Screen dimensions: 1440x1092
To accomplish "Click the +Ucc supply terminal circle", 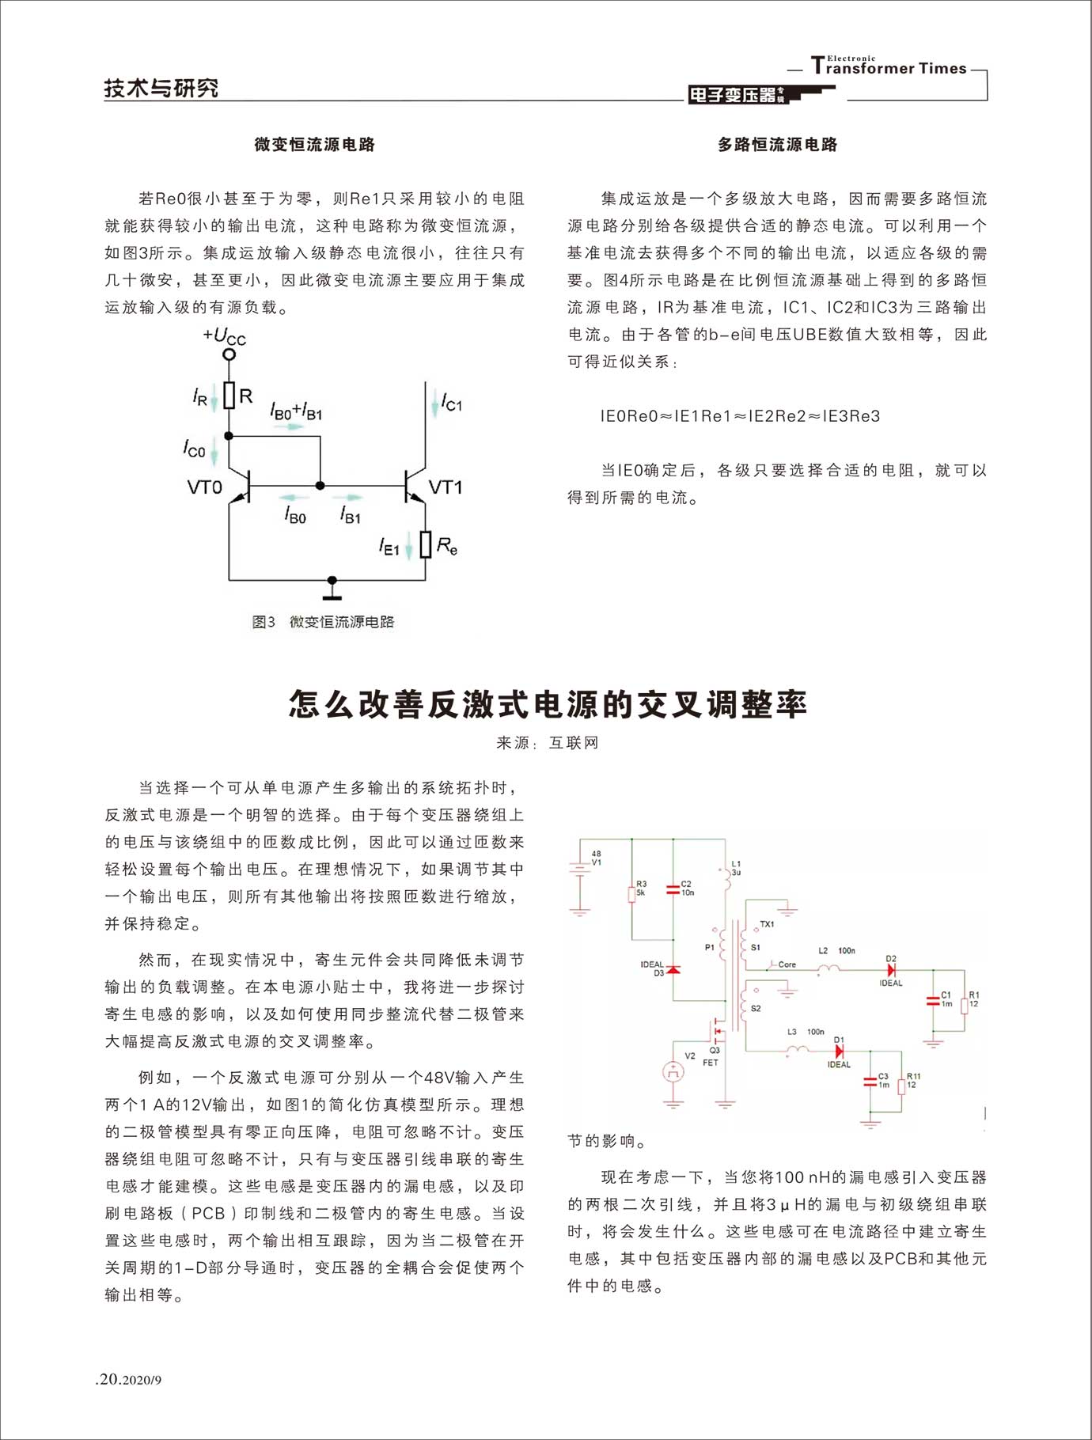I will (x=229, y=354).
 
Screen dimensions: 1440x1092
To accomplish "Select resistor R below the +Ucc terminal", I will (x=229, y=396).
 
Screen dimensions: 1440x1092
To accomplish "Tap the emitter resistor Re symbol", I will (x=426, y=544).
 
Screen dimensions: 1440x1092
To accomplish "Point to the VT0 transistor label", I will (x=204, y=487).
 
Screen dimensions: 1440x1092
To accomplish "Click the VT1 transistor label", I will (x=446, y=487).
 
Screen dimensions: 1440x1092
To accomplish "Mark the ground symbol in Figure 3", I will (x=332, y=587).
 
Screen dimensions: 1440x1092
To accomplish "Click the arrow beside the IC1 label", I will (x=434, y=406).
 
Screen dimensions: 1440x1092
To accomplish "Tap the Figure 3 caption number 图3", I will (x=263, y=622).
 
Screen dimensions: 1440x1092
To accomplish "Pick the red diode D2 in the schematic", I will (x=892, y=970).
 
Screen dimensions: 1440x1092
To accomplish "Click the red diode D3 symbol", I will (x=673, y=970).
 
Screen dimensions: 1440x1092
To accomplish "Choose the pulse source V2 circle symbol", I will (x=673, y=1072).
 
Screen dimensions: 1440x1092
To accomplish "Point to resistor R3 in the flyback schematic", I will (x=631, y=894).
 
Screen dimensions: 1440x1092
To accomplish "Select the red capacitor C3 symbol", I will (x=870, y=1082).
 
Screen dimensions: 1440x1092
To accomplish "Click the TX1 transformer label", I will (x=767, y=924).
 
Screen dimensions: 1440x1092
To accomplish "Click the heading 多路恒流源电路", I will (x=777, y=145).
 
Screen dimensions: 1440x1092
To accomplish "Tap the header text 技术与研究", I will (x=161, y=89).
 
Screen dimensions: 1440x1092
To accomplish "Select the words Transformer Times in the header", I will (x=890, y=68).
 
